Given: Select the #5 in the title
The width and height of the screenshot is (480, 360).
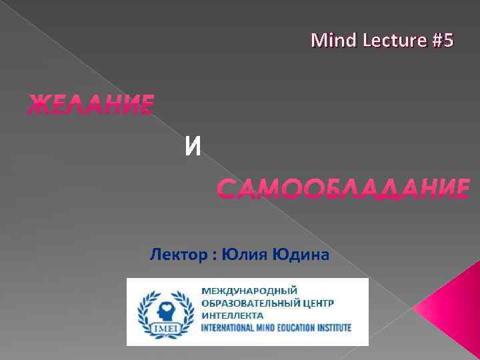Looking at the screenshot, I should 442,41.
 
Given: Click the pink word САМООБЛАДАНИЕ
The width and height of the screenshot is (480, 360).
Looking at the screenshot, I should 343,189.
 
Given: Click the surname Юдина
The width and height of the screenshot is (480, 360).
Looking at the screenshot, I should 299,254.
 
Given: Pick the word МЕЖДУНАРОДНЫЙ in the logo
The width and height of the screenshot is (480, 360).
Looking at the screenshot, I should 249,291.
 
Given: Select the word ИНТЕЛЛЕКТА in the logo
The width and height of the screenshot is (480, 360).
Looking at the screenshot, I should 233,315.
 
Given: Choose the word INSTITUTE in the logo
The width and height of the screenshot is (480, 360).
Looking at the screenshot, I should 333,328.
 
